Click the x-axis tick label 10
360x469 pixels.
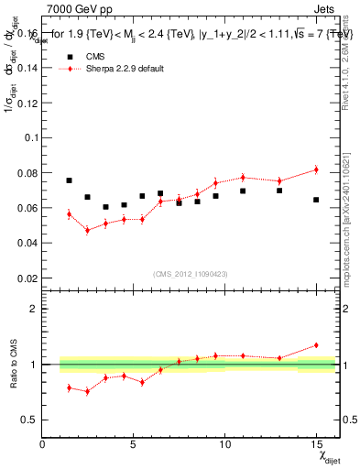coord(224,444)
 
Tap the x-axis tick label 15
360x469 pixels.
coord(316,444)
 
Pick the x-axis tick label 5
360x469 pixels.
coord(134,444)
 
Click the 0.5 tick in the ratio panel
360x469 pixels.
coord(29,420)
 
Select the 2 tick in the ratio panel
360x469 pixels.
coord(34,309)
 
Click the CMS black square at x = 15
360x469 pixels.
coord(316,200)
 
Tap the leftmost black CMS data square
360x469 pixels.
coord(69,180)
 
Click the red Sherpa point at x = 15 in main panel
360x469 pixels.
coord(316,169)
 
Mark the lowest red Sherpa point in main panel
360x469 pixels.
coord(87,230)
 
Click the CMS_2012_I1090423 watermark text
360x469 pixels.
coord(190,273)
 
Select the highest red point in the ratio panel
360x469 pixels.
coord(316,345)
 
